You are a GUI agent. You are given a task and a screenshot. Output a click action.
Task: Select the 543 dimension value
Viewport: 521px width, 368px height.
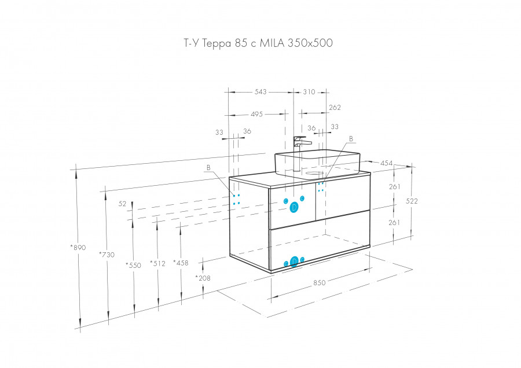click(261, 92)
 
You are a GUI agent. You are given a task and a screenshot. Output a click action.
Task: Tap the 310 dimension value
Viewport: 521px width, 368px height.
click(309, 92)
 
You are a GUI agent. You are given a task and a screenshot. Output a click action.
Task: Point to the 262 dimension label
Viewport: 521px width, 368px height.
click(335, 108)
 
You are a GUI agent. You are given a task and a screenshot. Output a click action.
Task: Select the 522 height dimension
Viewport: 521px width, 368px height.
click(412, 201)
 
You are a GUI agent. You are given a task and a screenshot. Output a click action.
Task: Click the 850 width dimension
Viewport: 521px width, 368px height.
click(319, 282)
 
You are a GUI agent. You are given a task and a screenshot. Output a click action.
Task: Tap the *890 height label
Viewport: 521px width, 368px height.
click(78, 248)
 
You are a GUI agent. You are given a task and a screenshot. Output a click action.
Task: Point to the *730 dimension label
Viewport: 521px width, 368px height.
click(107, 255)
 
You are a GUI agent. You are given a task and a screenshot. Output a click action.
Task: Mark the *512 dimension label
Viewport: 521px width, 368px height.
click(157, 264)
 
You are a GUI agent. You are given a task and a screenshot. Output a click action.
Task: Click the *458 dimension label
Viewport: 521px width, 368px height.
click(181, 263)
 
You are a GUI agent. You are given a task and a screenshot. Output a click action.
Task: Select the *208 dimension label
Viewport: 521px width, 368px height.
click(203, 278)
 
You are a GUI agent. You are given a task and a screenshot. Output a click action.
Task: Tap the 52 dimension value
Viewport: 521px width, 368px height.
click(122, 204)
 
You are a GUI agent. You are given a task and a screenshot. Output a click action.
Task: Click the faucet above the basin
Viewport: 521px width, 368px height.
click(299, 152)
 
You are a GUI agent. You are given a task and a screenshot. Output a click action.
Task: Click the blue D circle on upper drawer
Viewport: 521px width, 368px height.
click(294, 207)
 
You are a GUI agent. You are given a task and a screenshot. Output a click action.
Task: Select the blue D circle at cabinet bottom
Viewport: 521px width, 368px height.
click(294, 262)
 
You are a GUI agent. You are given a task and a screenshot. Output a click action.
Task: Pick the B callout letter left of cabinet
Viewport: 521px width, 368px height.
click(208, 168)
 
